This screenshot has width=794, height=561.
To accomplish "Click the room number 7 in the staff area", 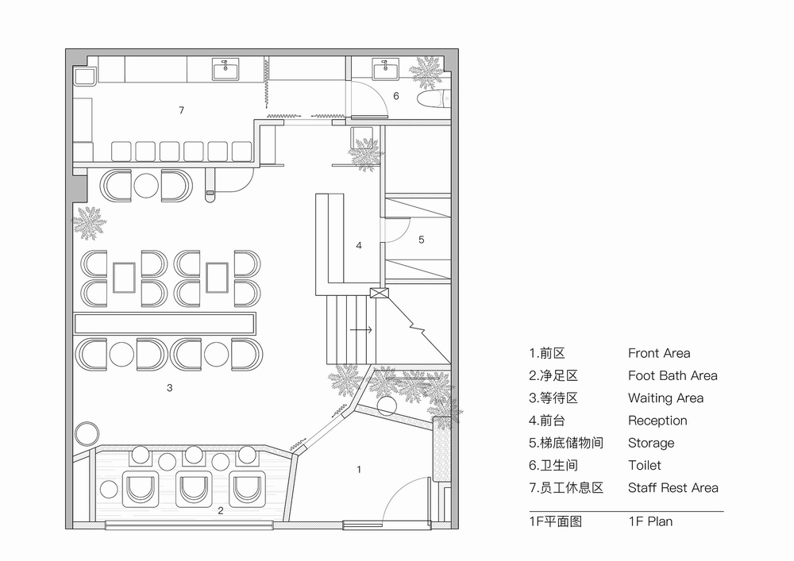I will [181, 110].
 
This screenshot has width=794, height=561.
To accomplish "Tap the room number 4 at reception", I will [359, 246].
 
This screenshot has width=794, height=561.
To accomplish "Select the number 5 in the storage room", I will [422, 239].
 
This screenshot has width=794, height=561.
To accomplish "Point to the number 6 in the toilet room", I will [396, 96].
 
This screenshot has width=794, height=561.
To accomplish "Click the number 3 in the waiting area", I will [169, 388].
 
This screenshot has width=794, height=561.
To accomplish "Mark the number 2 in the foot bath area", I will [222, 511].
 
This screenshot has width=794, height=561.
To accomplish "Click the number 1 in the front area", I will [359, 470].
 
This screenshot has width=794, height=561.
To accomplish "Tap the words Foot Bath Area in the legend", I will [672, 375].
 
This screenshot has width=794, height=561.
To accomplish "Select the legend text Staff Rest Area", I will [673, 487].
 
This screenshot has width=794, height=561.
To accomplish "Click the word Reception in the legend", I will [657, 421].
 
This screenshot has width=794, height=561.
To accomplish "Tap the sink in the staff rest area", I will [228, 71].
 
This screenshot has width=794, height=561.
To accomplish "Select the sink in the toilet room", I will [385, 71].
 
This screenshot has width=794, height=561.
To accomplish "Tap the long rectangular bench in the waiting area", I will [165, 324].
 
